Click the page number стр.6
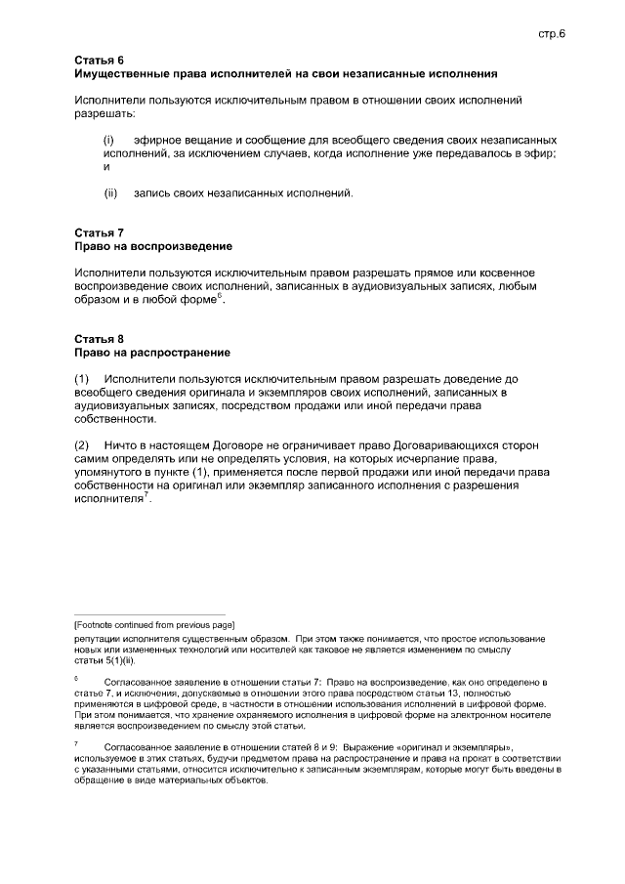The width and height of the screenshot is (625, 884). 552,33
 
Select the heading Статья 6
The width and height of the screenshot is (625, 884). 100,61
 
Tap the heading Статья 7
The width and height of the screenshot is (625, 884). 100,233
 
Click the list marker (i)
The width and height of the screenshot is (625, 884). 109,142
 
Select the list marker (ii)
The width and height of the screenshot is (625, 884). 110,192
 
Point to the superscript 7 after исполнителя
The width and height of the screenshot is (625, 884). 146,494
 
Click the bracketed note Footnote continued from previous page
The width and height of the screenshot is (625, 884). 154,623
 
